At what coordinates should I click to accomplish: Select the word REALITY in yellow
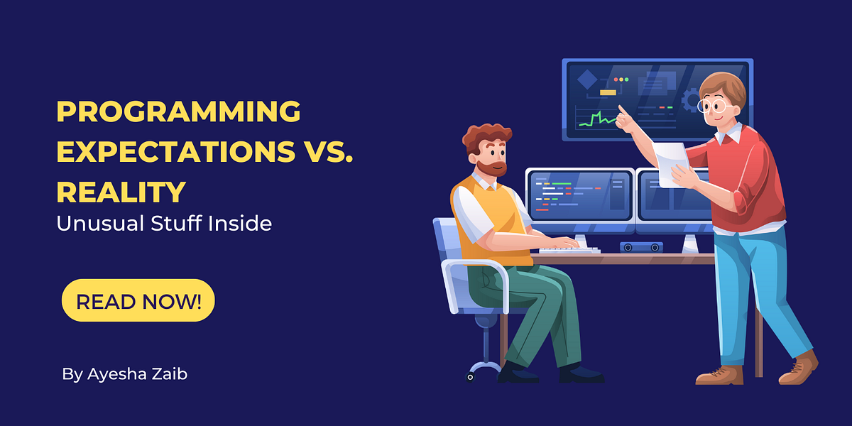pyautogui.click(x=121, y=192)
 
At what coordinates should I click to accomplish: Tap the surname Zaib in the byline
pyautogui.click(x=170, y=373)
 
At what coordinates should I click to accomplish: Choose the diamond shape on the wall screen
pyautogui.click(x=586, y=80)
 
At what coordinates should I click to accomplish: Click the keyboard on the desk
pyautogui.click(x=568, y=249)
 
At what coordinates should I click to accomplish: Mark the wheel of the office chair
pyautogui.click(x=469, y=376)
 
